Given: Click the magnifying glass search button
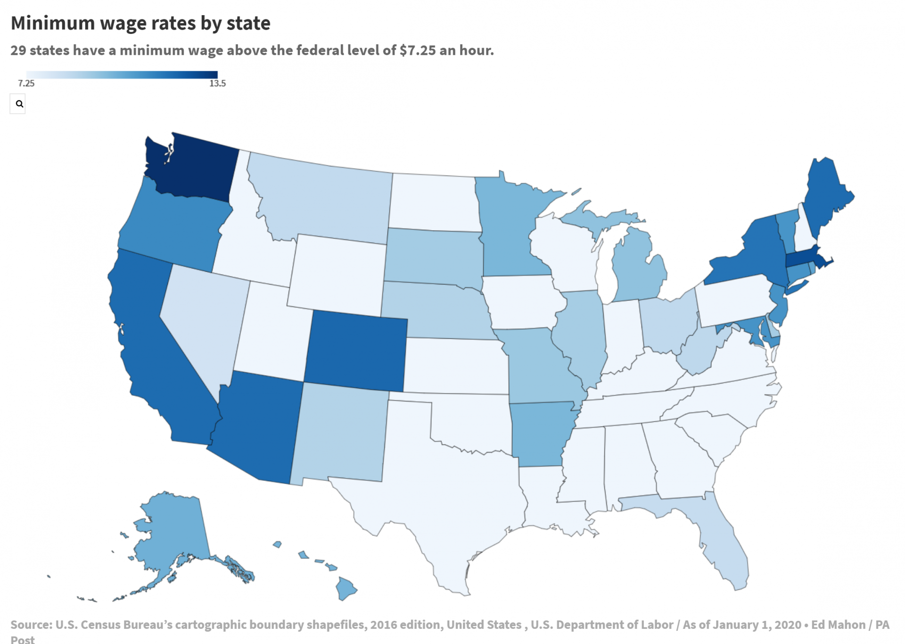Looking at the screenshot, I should (x=19, y=104).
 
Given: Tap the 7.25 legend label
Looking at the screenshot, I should (x=26, y=84).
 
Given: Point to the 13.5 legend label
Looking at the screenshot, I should (x=217, y=84).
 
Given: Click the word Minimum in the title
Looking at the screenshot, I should (x=53, y=23).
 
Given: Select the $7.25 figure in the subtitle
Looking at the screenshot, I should (x=418, y=50).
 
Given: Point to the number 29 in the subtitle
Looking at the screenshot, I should (x=18, y=50).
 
